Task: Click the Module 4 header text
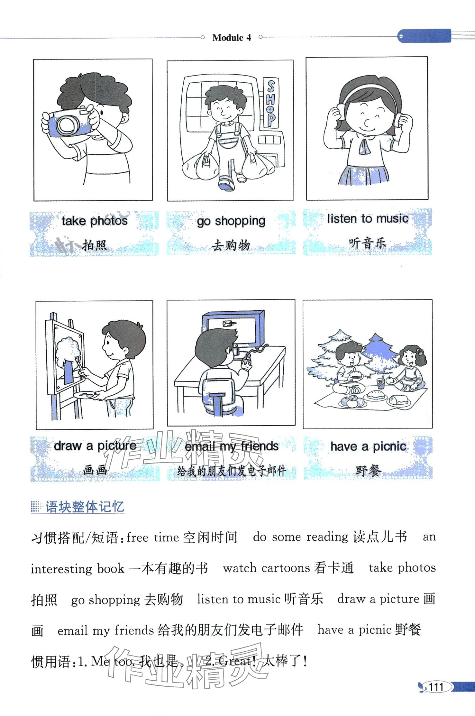232,38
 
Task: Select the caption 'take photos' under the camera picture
95,221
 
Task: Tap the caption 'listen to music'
368,219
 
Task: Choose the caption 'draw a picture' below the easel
95,445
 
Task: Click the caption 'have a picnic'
368,446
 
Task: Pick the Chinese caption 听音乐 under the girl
368,243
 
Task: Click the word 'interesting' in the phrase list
61,569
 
